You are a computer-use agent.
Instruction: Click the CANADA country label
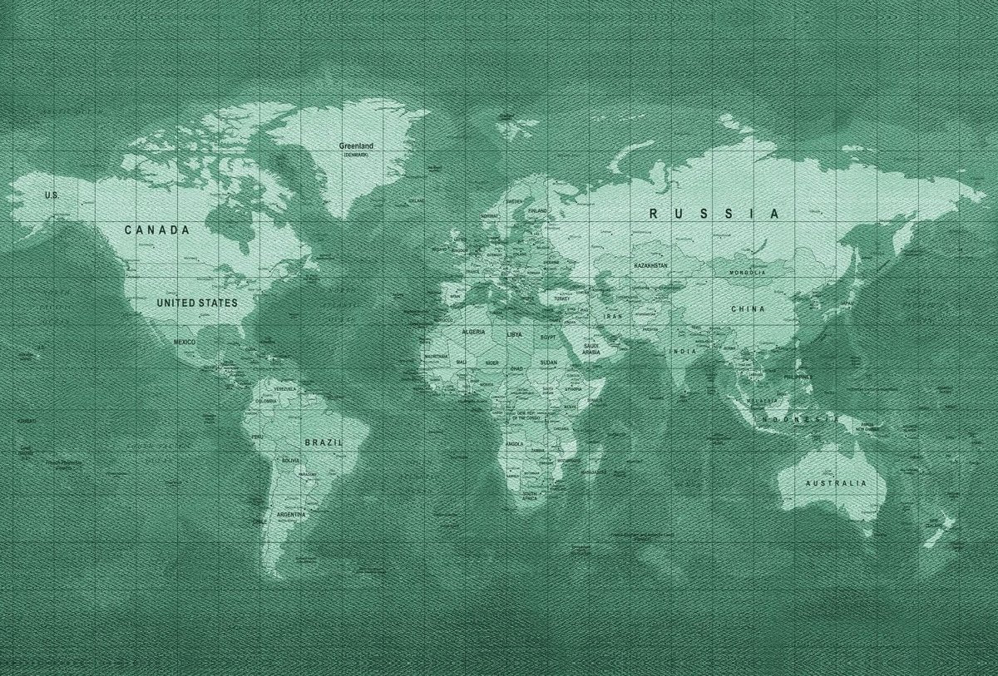(x=157, y=229)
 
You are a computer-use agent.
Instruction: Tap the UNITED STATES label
(x=197, y=303)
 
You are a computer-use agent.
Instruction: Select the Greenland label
(x=356, y=146)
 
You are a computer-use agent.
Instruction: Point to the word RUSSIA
(x=714, y=214)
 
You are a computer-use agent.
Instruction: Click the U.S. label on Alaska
(x=52, y=195)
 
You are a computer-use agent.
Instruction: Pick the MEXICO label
(x=185, y=342)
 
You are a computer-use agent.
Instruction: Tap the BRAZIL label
(x=324, y=442)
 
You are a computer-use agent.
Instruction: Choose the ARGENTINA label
(x=291, y=515)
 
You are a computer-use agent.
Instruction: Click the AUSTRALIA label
(x=835, y=483)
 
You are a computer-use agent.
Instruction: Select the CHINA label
(x=748, y=308)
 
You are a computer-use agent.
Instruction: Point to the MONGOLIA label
(x=747, y=273)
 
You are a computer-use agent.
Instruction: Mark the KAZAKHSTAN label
(x=650, y=265)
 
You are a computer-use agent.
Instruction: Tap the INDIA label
(x=683, y=351)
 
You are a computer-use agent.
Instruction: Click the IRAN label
(x=613, y=317)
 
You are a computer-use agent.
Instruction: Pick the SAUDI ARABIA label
(x=591, y=348)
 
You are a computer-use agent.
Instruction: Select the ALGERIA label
(x=473, y=332)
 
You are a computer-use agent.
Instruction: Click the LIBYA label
(x=515, y=334)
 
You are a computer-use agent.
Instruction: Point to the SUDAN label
(x=549, y=363)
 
